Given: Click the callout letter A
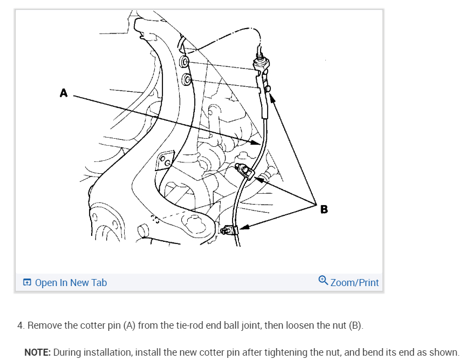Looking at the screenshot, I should pos(64,93).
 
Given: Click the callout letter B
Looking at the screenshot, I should pos(324,209).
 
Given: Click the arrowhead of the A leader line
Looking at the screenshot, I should pos(258,142).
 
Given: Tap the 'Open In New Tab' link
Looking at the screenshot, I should pos(71,282).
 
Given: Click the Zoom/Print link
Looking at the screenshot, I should pos(354,282).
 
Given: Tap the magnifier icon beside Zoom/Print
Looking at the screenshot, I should pos(323,280).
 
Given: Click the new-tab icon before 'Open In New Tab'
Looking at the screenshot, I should pos(28,282).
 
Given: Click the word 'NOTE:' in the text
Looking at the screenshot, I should pos(37,352).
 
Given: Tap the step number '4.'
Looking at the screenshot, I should pos(21,325).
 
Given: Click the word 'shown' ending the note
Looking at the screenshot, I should pos(444,352).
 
